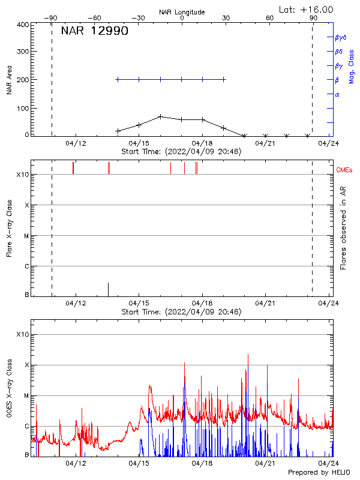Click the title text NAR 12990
click(94, 31)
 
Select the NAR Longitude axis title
click(182, 12)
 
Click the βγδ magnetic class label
click(341, 37)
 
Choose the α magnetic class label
click(337, 94)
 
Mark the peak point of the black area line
click(161, 116)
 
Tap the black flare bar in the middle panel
click(108, 289)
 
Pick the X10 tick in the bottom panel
click(22, 334)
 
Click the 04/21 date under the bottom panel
click(265, 463)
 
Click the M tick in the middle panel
click(26, 236)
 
